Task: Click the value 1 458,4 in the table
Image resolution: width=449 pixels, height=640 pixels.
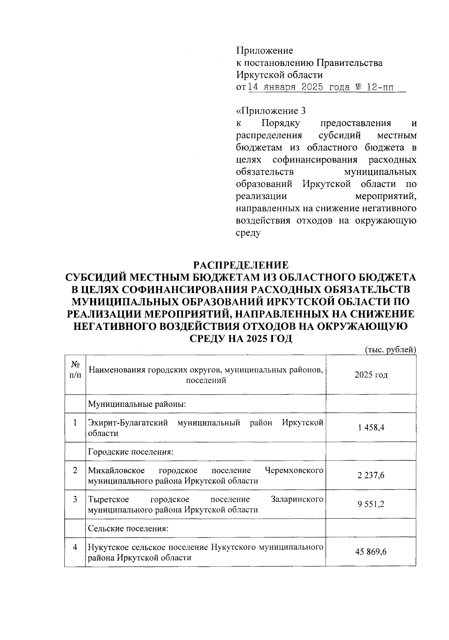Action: pyautogui.click(x=371, y=427)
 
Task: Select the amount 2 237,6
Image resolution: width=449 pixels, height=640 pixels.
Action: pyautogui.click(x=371, y=475)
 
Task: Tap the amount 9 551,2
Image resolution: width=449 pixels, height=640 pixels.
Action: pyautogui.click(x=371, y=504)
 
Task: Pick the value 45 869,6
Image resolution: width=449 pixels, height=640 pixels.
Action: pyautogui.click(x=371, y=552)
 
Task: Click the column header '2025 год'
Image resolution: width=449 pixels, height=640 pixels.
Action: pyautogui.click(x=371, y=375)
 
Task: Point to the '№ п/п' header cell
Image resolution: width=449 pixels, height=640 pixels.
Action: pyautogui.click(x=75, y=370)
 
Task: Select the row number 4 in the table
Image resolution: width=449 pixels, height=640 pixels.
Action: pyautogui.click(x=75, y=547)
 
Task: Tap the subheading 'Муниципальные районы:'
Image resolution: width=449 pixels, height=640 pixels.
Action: pyautogui.click(x=137, y=404)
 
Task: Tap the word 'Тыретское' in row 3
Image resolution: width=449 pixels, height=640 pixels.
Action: pyautogui.click(x=109, y=499)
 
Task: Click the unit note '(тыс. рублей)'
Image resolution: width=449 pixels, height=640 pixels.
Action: pyautogui.click(x=390, y=349)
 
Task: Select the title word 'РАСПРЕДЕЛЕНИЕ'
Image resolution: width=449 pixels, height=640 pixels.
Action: pyautogui.click(x=241, y=265)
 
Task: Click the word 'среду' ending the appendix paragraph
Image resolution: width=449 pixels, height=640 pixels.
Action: pyautogui.click(x=248, y=233)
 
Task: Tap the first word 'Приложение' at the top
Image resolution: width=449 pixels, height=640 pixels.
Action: pyautogui.click(x=265, y=50)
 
